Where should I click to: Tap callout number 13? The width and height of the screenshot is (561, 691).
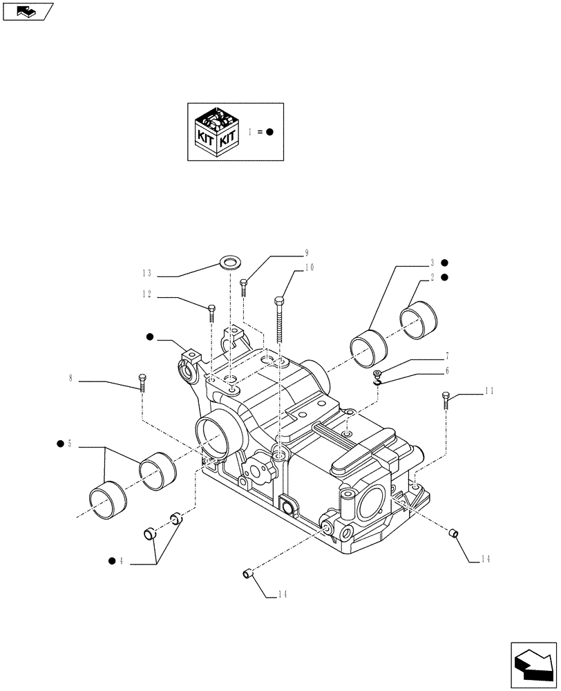[x=149, y=273]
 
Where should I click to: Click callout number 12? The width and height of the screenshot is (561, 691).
[x=147, y=294]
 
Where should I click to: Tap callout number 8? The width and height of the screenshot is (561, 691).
[x=70, y=379]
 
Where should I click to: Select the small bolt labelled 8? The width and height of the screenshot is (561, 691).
[x=142, y=381]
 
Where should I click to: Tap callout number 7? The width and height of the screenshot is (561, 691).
[x=447, y=357]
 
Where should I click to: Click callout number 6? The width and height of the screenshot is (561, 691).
[x=447, y=371]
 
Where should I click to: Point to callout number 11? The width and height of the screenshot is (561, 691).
[x=488, y=391]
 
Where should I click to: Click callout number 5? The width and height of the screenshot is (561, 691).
[x=70, y=444]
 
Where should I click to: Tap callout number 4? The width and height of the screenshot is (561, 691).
[x=122, y=561]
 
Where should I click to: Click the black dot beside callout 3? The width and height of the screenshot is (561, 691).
[x=446, y=263]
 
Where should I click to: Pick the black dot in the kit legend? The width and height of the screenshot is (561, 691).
[x=270, y=131]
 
